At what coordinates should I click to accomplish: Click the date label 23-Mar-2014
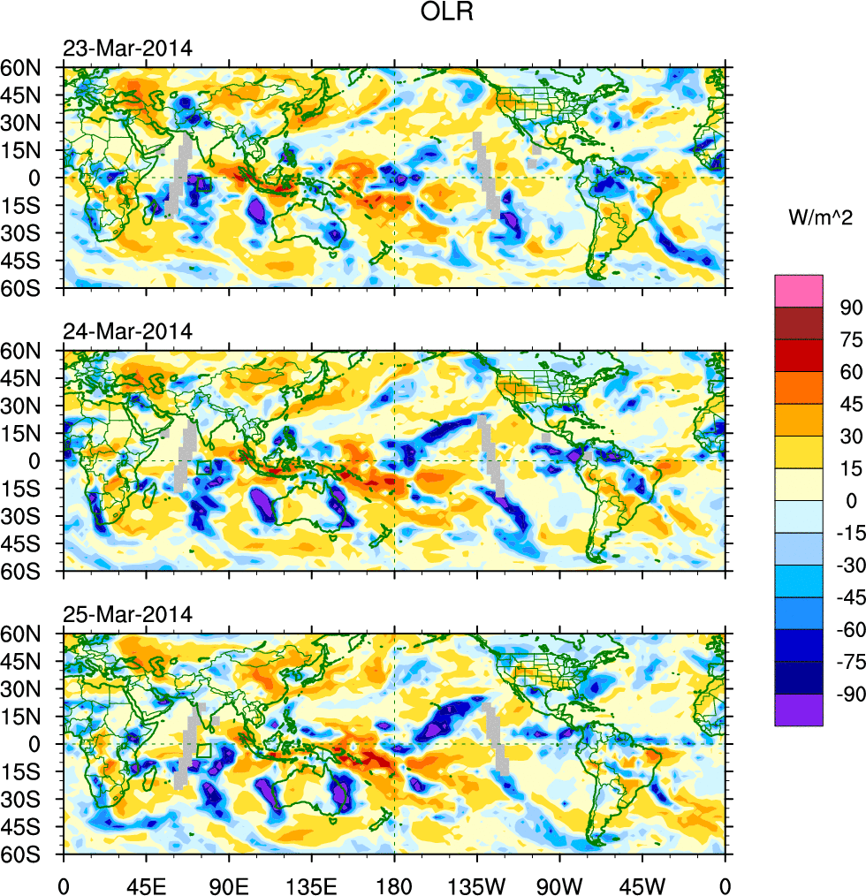pos(127,48)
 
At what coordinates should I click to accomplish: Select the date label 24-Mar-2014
pos(127,331)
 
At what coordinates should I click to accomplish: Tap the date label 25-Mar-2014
pos(127,614)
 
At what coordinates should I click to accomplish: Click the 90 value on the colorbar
pos(849,307)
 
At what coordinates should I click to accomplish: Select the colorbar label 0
pos(851,501)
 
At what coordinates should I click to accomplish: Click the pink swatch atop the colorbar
pos(799,291)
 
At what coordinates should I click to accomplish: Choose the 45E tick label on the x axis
pos(146,885)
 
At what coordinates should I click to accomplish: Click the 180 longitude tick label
pos(394,885)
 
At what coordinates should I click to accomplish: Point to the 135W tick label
pos(476,885)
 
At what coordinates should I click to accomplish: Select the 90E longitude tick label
pos(229,885)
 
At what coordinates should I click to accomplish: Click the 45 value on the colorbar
pos(849,404)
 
